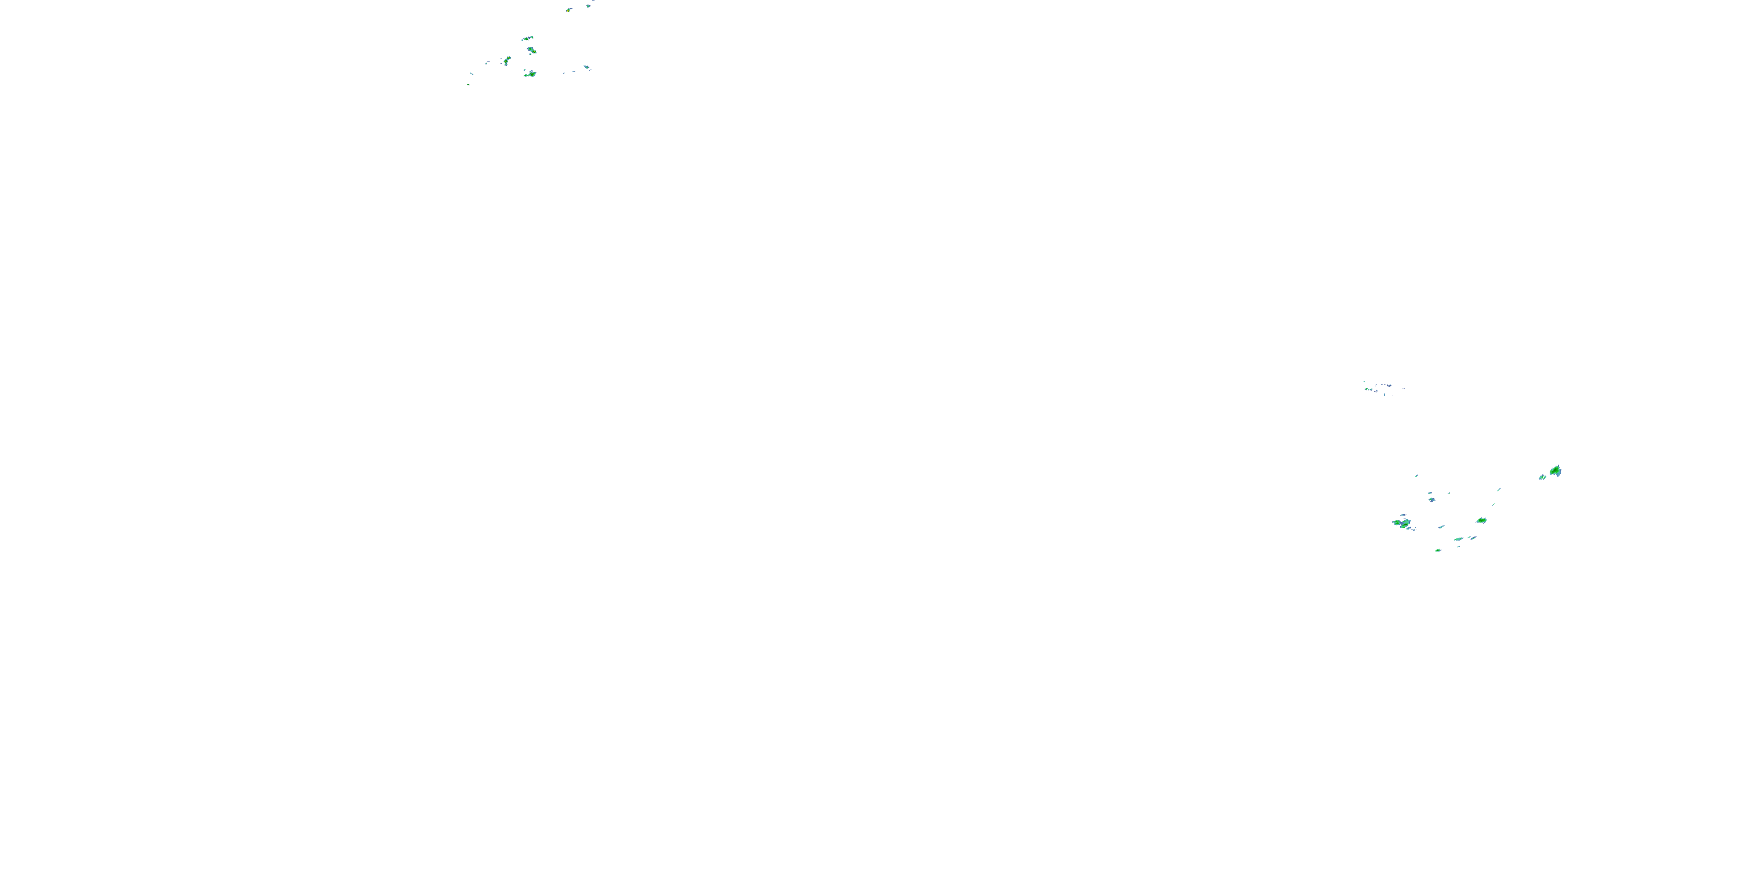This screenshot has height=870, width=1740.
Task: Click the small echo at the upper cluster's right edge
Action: [587, 67]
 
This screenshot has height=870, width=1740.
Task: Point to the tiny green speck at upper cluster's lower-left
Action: [468, 85]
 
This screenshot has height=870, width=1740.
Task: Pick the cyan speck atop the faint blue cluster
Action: [1364, 382]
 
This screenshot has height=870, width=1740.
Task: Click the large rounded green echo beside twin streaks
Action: [1555, 471]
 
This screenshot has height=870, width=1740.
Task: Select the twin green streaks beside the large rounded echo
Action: [1542, 477]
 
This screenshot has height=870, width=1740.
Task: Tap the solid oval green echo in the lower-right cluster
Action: [1481, 521]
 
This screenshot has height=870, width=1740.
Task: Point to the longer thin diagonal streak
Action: [1499, 489]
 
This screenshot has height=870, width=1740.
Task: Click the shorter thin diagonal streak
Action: [1493, 504]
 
